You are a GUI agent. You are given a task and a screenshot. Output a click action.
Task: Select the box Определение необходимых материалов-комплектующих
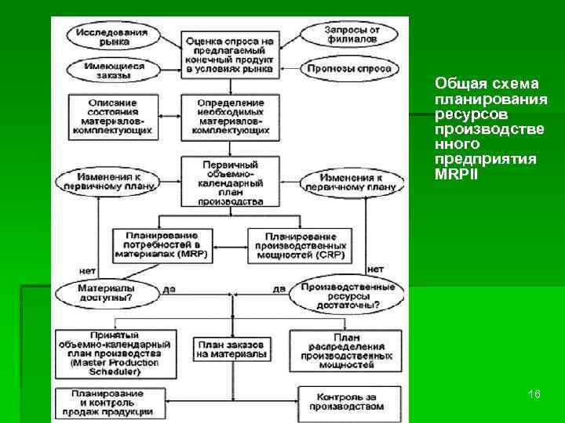(229, 115)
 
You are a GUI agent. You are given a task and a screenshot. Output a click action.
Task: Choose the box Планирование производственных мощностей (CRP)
(301, 245)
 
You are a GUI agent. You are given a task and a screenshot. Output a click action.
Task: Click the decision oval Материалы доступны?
(105, 293)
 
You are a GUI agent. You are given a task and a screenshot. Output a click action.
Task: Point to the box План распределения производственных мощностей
(347, 349)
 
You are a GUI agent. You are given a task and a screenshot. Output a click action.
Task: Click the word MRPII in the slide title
(454, 173)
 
